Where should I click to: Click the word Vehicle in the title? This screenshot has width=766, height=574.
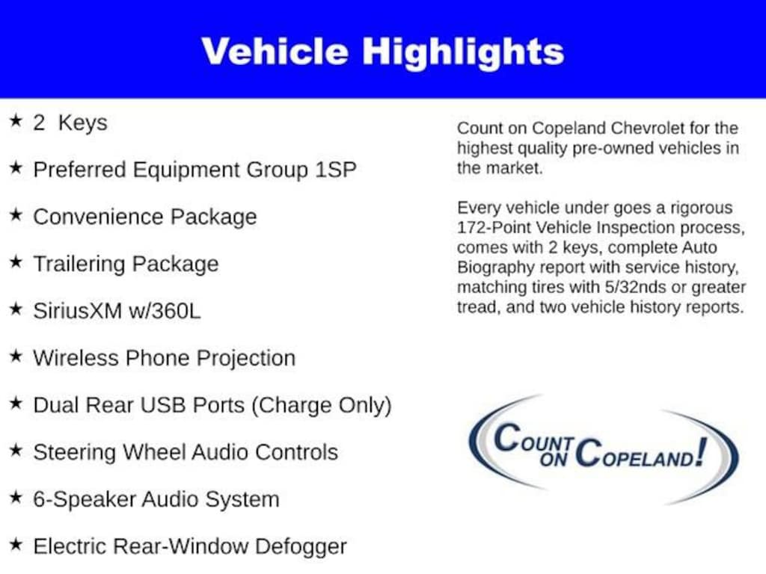coord(275,52)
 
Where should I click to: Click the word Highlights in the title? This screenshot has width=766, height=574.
coord(463,52)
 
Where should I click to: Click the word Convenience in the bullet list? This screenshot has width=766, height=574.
coord(99,217)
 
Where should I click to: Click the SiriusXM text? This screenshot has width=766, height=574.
coord(77,311)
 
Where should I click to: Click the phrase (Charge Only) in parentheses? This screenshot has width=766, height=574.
coord(321,405)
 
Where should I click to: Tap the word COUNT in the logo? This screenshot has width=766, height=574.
coord(534,439)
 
